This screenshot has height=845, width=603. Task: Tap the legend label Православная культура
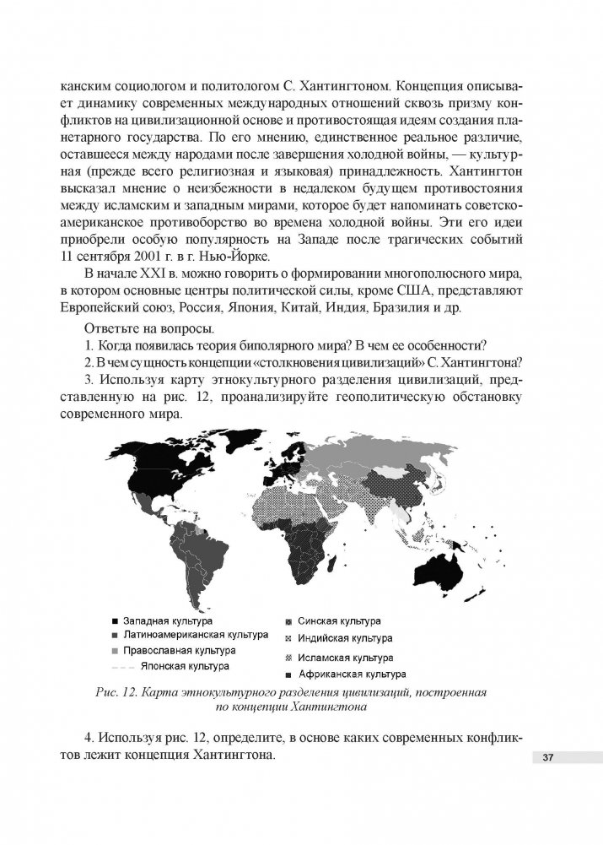(179, 651)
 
